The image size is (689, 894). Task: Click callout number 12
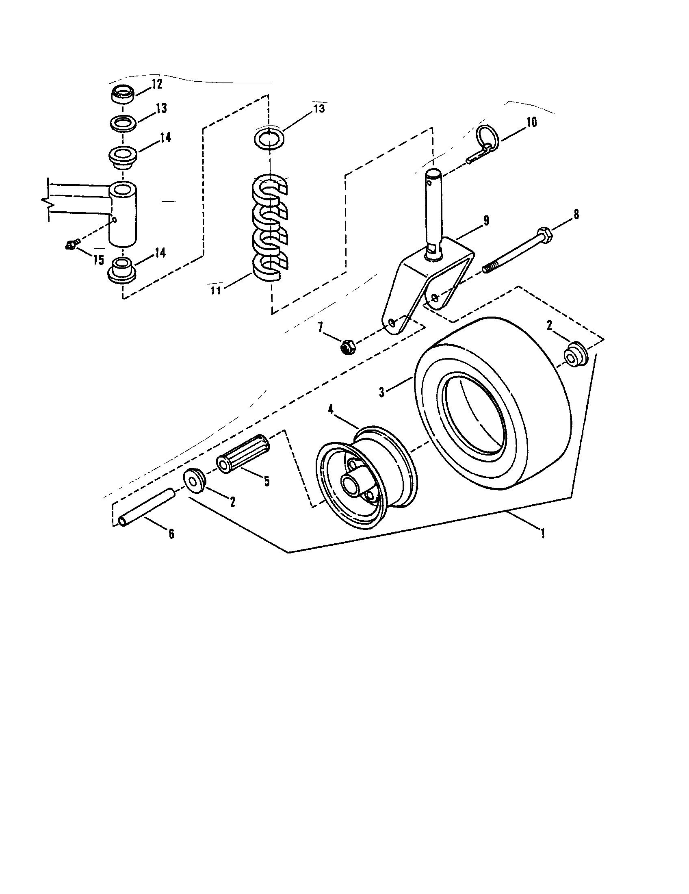point(157,85)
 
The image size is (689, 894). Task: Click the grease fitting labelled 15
point(70,245)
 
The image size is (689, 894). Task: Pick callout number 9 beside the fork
point(485,221)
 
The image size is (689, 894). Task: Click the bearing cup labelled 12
point(123,96)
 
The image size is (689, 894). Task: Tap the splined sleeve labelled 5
point(243,454)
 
